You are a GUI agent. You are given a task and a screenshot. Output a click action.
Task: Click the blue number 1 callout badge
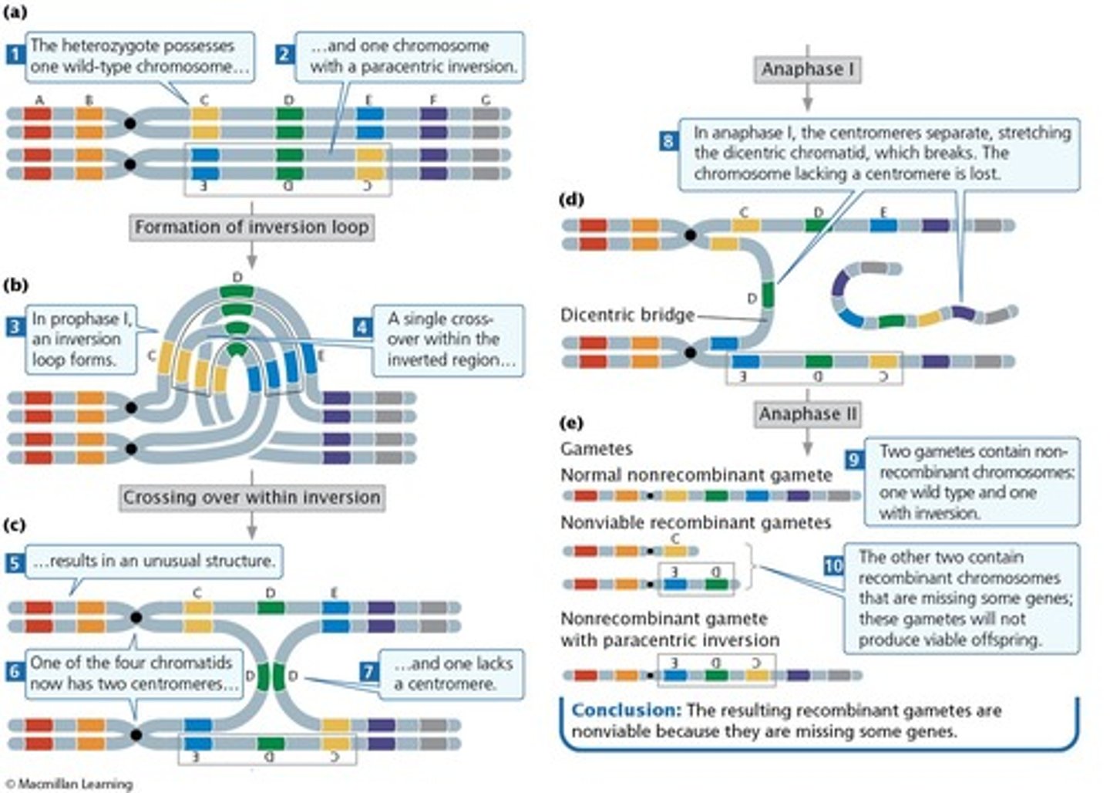tap(15, 54)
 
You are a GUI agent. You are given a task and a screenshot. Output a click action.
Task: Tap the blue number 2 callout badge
tap(284, 54)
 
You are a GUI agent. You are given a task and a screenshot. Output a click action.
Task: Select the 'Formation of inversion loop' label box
tap(251, 228)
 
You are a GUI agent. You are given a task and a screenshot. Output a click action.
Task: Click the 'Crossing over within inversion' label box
tap(251, 498)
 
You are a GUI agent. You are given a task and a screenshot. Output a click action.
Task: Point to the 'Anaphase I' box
tap(807, 69)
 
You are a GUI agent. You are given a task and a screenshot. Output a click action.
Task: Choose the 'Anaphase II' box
tap(807, 414)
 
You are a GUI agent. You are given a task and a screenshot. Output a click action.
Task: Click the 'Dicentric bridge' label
tap(627, 315)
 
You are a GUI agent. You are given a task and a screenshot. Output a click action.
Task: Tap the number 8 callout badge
tap(668, 141)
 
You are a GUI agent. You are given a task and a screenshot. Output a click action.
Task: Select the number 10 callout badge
tap(833, 566)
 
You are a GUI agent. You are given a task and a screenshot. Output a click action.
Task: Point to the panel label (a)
tap(15, 12)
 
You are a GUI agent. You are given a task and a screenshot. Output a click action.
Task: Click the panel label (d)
tap(571, 200)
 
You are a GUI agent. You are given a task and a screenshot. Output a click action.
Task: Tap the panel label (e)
tap(571, 423)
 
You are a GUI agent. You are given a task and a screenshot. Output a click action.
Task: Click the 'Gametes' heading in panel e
tap(596, 449)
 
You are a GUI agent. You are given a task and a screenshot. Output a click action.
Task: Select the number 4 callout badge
tap(362, 327)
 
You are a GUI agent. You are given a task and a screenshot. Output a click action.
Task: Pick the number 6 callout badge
tap(15, 671)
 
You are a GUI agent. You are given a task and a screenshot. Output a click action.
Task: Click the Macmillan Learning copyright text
tap(69, 784)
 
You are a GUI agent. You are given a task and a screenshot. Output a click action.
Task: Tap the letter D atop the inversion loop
tap(237, 277)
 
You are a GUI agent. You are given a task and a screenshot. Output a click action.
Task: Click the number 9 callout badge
tap(853, 460)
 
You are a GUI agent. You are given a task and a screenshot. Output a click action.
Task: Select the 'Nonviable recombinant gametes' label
tap(695, 523)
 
